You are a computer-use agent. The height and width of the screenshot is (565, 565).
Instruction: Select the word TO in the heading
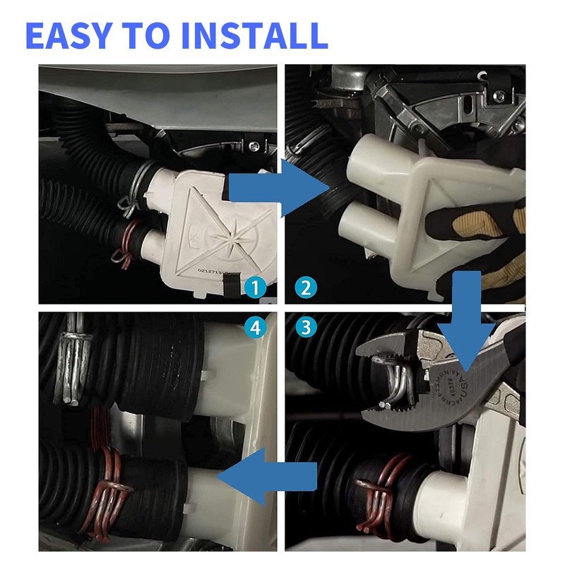pyautogui.click(x=161, y=35)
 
